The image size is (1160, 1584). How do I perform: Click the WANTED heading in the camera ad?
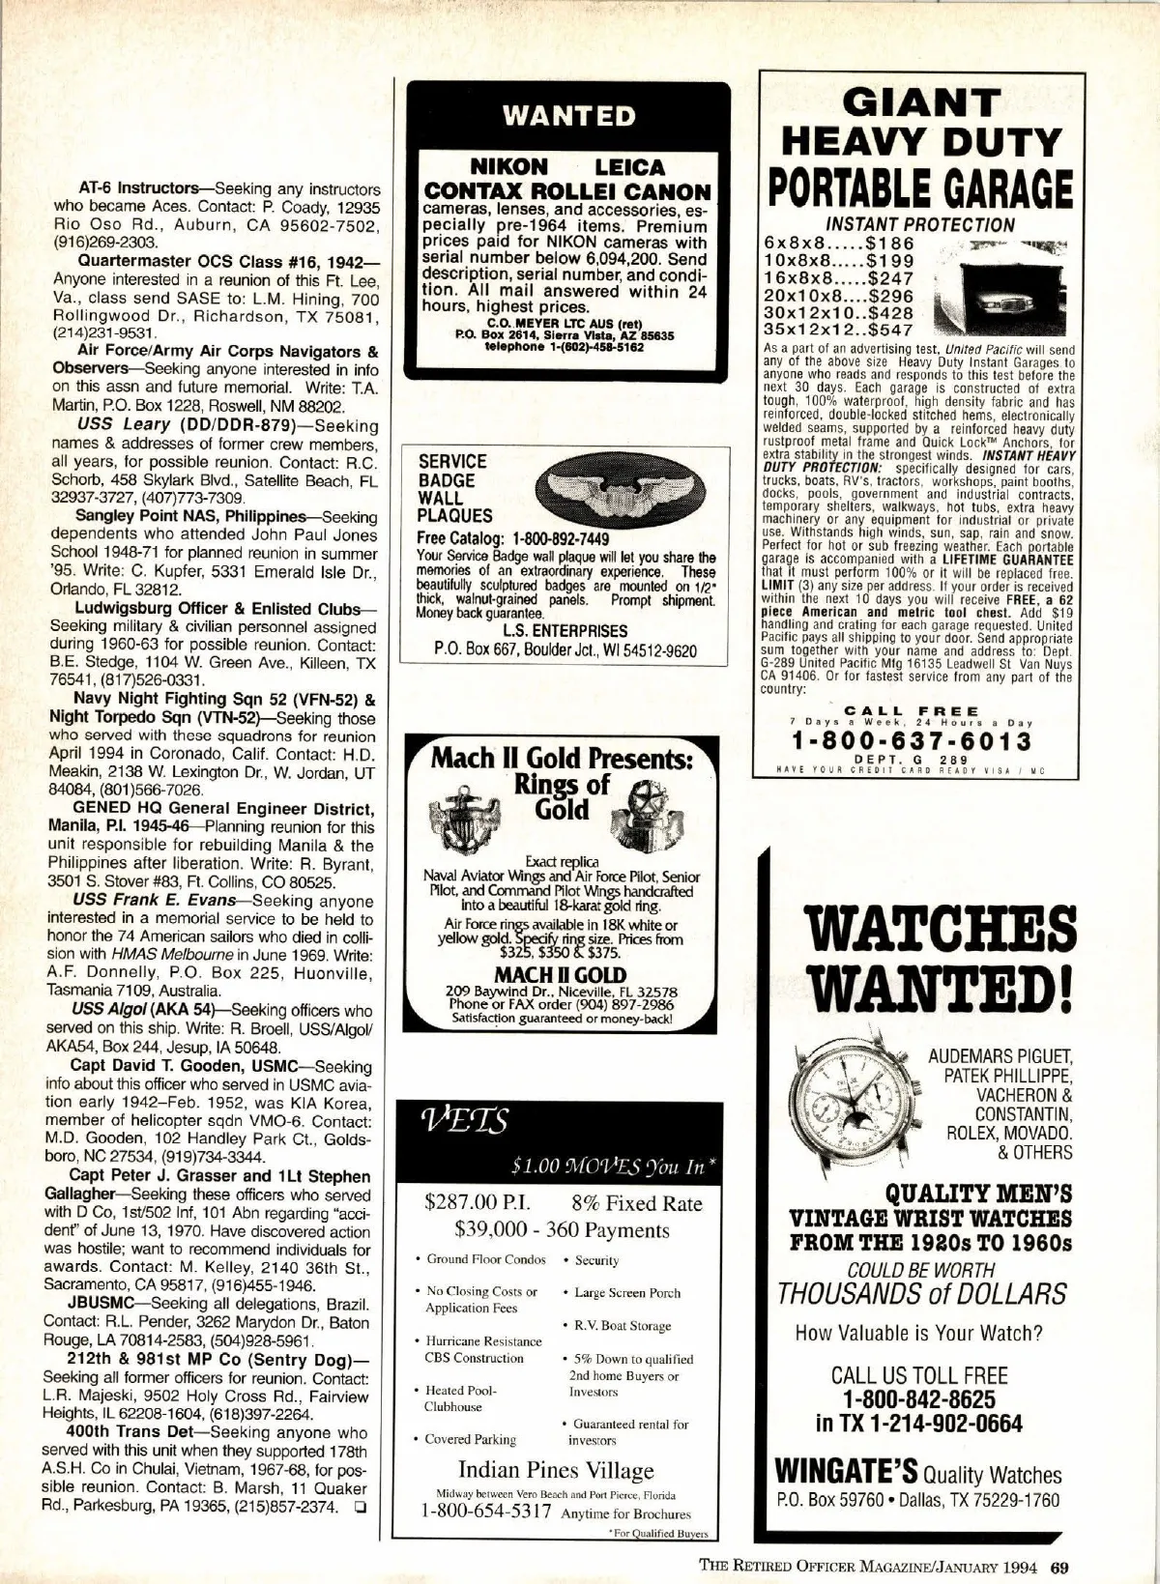(x=568, y=117)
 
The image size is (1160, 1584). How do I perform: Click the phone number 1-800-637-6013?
(x=911, y=741)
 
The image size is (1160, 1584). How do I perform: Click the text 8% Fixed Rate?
(x=636, y=1204)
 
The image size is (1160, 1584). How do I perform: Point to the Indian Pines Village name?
(x=556, y=1471)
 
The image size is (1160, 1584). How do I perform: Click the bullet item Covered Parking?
(x=471, y=1439)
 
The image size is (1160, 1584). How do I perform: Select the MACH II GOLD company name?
(x=560, y=975)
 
